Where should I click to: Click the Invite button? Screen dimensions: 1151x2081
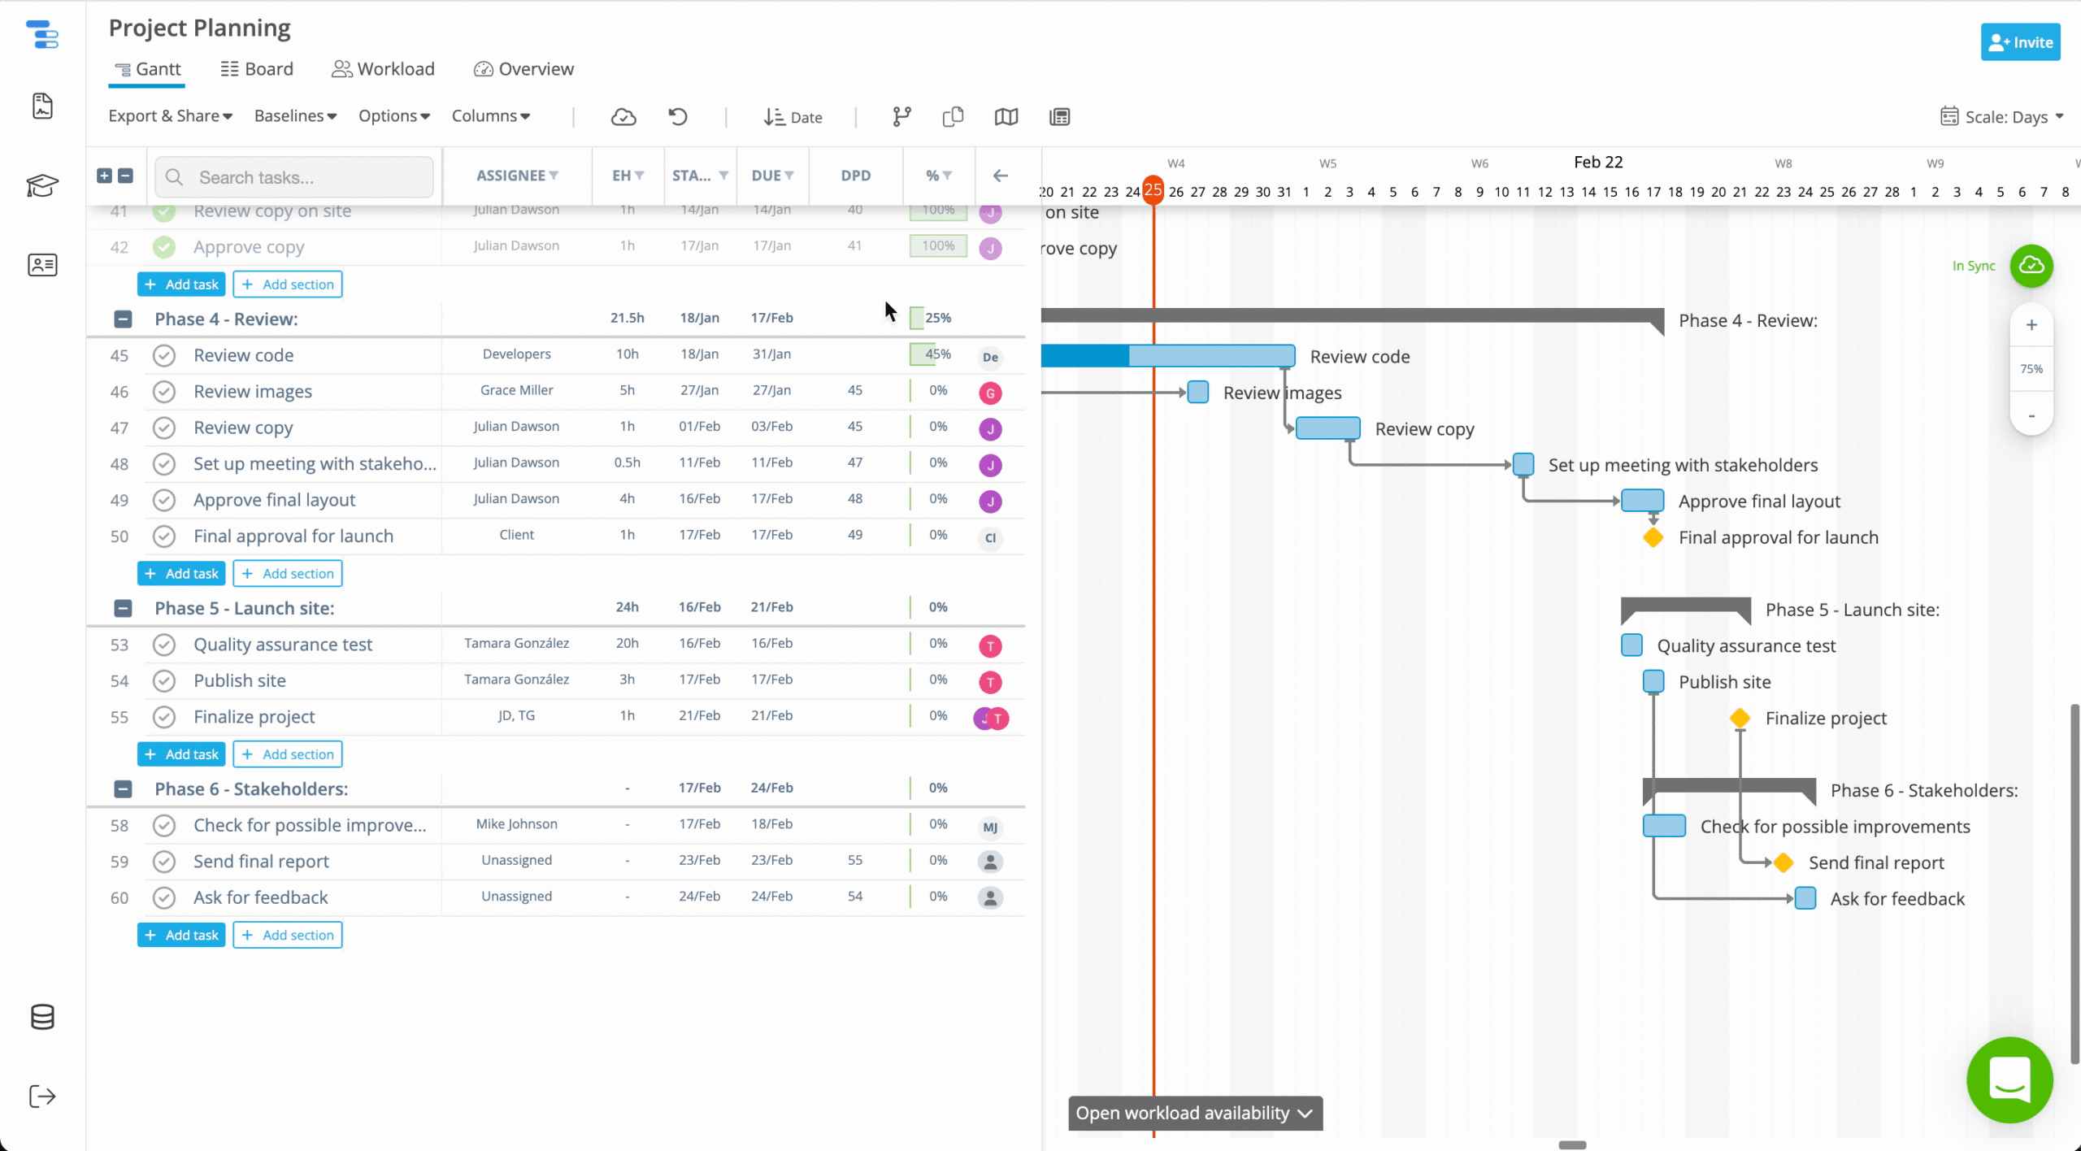2020,42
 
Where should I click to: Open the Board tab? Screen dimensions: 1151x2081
257,69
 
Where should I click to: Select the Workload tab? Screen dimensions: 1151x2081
383,69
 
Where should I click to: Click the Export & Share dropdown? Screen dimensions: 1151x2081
170,116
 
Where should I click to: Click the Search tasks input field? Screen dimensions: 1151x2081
309,177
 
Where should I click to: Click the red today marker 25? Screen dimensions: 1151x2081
1153,190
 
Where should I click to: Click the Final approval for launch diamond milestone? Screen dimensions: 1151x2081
1653,537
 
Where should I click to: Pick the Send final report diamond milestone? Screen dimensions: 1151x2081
1783,862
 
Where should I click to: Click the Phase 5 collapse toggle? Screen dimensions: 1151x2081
123,608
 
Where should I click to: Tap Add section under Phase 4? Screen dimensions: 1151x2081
288,573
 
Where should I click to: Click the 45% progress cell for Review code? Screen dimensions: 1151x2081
937,354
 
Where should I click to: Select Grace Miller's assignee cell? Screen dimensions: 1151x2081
516,390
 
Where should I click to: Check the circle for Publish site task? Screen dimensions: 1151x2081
164,680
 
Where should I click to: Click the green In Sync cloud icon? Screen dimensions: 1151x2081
2031,266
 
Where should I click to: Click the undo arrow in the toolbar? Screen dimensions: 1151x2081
678,117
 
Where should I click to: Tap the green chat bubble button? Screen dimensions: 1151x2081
2009,1080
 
